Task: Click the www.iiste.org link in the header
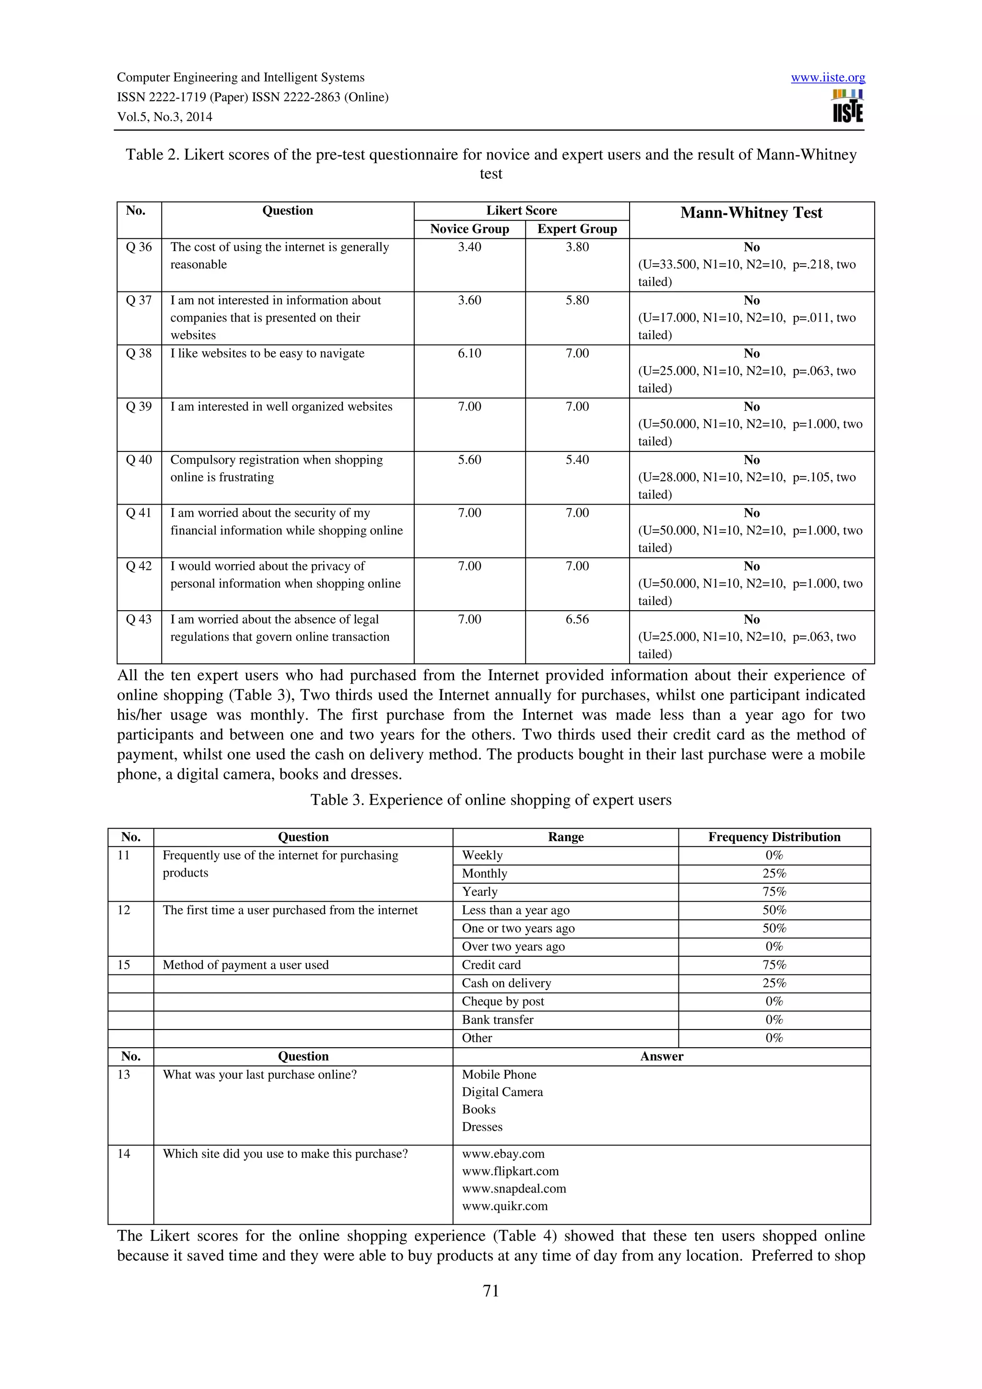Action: coord(828,78)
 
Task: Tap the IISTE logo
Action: coord(848,106)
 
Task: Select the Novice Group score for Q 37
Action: coord(469,300)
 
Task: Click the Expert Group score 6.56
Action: coord(577,619)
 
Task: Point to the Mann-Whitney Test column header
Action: coord(751,213)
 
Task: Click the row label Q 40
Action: coord(139,460)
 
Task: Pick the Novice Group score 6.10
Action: coord(469,353)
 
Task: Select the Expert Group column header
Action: coord(577,229)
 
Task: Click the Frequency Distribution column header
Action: coord(774,837)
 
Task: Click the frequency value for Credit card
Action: coord(774,965)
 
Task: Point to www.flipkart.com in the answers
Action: coord(510,1171)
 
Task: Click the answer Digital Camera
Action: coord(502,1092)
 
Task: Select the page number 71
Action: coord(491,1291)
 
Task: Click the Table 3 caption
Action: coord(491,800)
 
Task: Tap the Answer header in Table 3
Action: coord(661,1056)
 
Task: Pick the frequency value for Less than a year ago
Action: coord(774,910)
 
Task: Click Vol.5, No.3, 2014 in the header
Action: coord(164,117)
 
